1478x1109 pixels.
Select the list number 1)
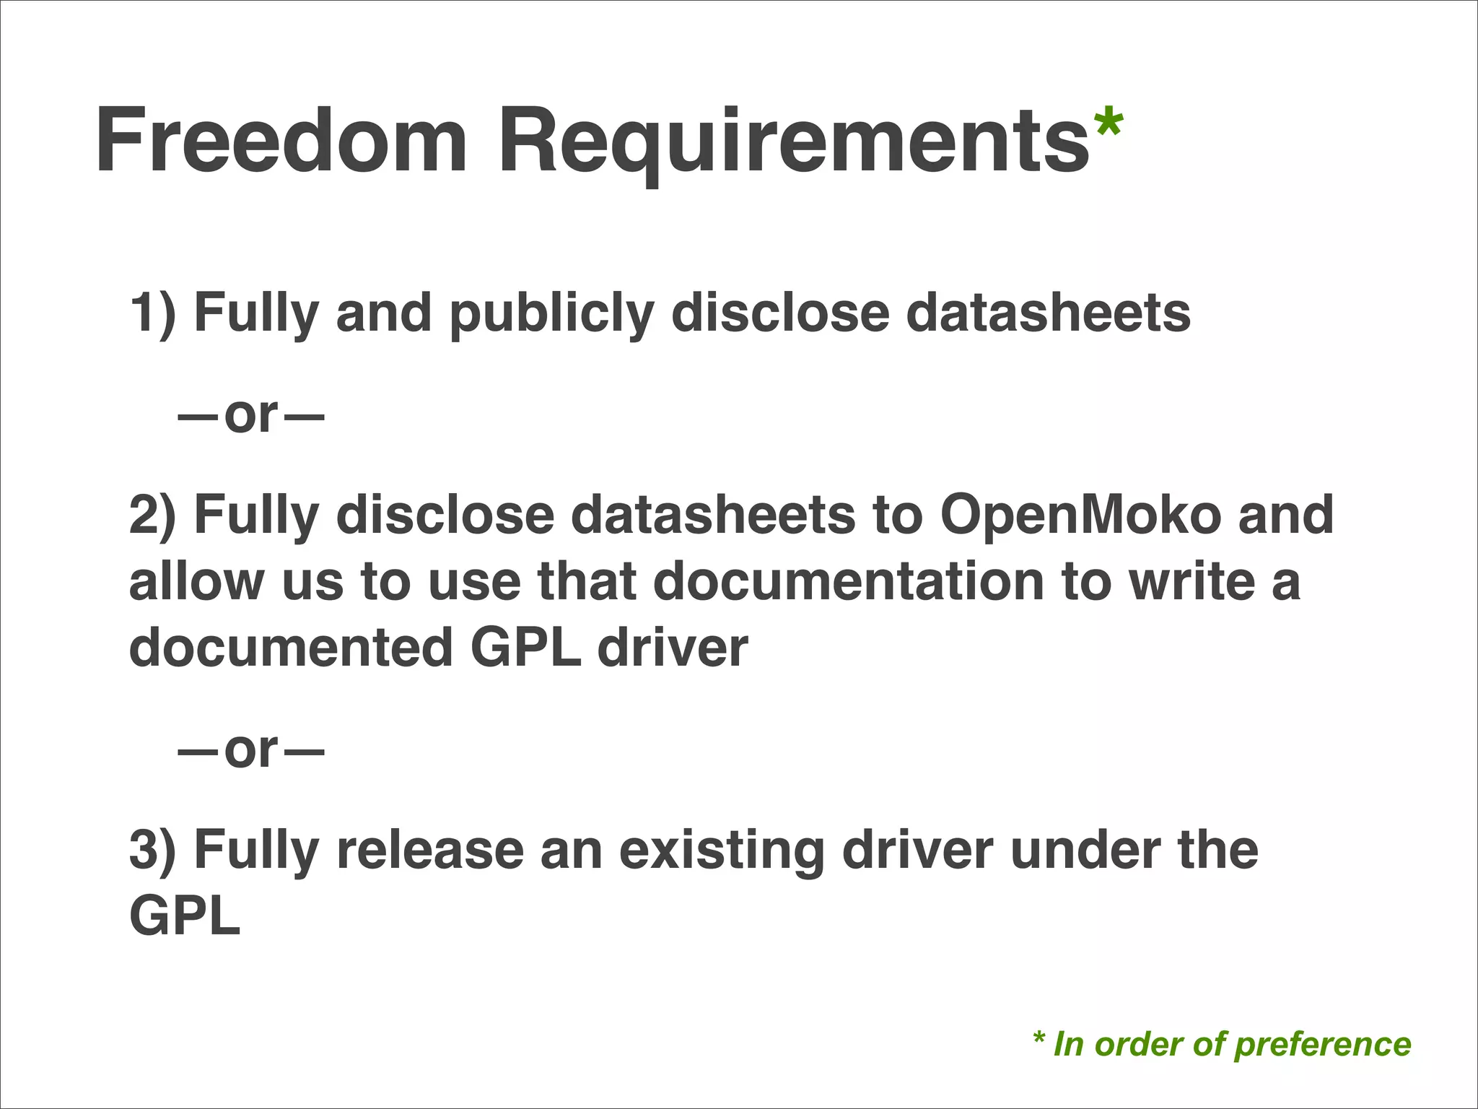pyautogui.click(x=152, y=313)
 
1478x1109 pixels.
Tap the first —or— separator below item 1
pyautogui.click(x=251, y=415)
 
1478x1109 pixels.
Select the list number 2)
pyautogui.click(x=152, y=515)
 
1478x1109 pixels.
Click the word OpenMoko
pyautogui.click(x=1080, y=515)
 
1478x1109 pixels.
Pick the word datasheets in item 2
pyautogui.click(x=712, y=515)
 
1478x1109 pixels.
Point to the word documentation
pyautogui.click(x=849, y=582)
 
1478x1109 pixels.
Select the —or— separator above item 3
pyautogui.click(x=251, y=750)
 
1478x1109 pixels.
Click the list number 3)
pyautogui.click(x=152, y=850)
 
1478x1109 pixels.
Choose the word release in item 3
pyautogui.click(x=430, y=850)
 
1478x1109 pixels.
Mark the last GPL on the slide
pyautogui.click(x=185, y=916)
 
